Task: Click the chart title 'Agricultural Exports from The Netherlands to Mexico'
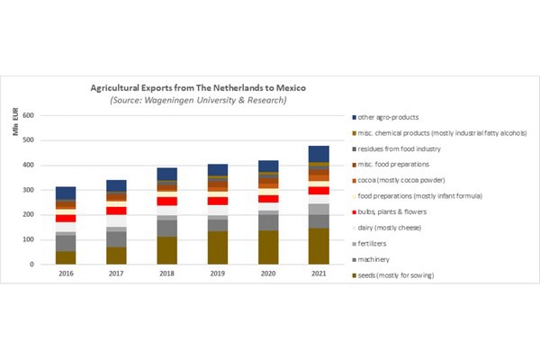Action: (x=199, y=89)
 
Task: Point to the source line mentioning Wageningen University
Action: (x=199, y=100)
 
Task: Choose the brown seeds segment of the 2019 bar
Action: (x=217, y=248)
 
